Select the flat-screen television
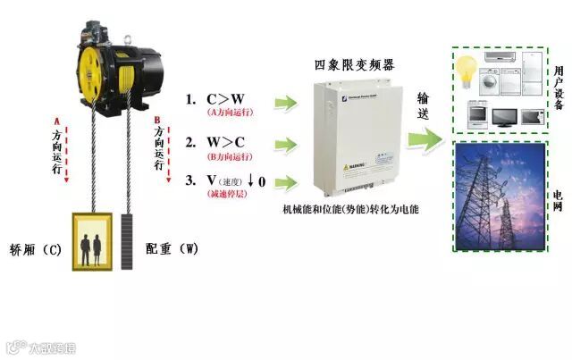[x=504, y=115]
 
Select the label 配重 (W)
[x=171, y=249]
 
